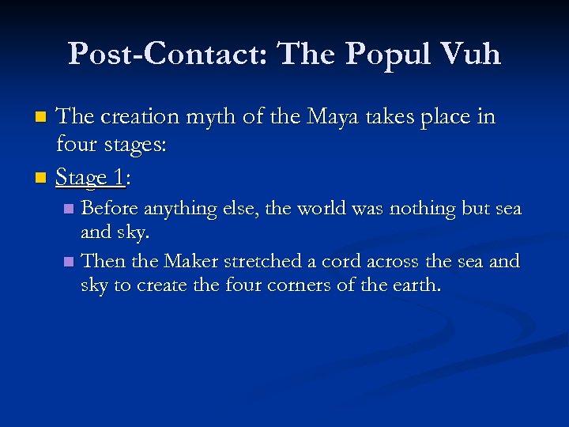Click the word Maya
306,117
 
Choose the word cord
330,260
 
